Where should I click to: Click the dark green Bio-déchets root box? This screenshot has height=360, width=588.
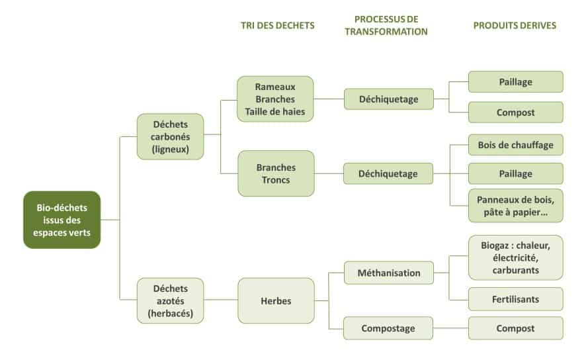(62, 220)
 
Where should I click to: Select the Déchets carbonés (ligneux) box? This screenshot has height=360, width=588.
(170, 136)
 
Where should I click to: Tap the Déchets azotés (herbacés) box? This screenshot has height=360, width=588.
(170, 300)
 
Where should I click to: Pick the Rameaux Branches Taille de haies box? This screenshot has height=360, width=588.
(275, 99)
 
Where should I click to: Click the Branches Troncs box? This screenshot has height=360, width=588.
(276, 173)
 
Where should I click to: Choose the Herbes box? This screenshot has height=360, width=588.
(276, 300)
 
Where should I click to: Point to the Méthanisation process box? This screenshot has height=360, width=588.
(388, 273)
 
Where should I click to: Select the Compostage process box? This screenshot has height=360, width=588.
(388, 328)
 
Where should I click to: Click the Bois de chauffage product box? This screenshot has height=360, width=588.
(515, 144)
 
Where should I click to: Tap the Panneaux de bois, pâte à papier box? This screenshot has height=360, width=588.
(515, 205)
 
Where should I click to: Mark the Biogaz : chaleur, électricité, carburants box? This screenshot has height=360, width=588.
(515, 257)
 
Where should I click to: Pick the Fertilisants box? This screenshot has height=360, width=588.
(515, 299)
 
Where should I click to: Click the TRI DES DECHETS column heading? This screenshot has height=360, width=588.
(277, 26)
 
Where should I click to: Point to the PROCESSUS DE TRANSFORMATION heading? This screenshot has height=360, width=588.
(386, 25)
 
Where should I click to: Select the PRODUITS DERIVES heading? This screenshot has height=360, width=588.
(515, 26)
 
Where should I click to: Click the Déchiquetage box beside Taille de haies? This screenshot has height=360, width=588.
(388, 99)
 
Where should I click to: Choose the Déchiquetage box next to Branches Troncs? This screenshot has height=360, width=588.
(388, 173)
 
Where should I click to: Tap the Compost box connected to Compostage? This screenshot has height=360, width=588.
(515, 328)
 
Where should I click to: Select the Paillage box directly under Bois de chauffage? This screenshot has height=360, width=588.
(515, 173)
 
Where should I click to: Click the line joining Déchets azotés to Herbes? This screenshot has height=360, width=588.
(220, 300)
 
